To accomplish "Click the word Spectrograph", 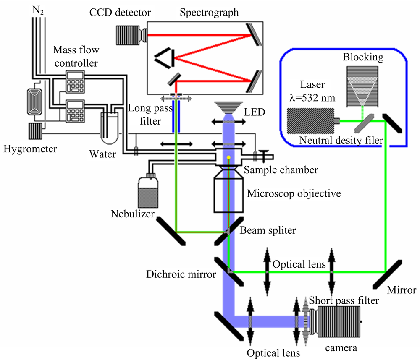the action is (209, 13).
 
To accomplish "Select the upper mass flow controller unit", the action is (75, 82).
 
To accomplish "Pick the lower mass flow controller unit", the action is (75, 111).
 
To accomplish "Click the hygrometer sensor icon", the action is (35, 131).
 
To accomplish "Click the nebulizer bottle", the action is (148, 190).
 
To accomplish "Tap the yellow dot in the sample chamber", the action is (228, 157).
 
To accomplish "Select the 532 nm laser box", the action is (310, 121).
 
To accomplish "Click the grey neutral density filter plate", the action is (364, 123).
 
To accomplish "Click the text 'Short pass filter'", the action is (344, 300).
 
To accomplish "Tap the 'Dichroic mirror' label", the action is (181, 274).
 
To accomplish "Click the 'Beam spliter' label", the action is (268, 230).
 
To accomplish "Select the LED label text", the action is (255, 112).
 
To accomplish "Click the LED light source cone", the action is (228, 108).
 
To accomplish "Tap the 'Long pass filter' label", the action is (150, 114).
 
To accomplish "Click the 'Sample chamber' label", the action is (281, 170).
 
